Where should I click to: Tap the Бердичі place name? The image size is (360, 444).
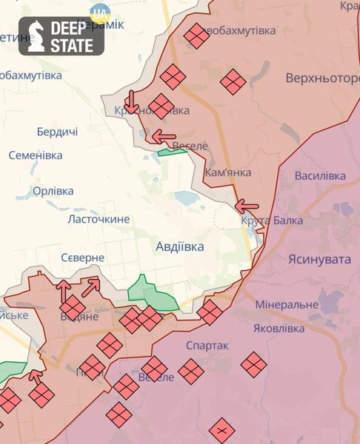(x=57, y=132)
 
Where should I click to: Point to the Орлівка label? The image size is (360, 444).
(x=53, y=191)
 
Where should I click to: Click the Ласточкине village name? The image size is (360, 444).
(x=99, y=219)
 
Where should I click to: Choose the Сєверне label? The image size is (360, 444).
(x=83, y=258)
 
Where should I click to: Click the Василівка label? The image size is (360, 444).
(x=320, y=176)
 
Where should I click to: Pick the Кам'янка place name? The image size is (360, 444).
(x=228, y=172)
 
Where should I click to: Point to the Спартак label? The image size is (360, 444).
(x=208, y=346)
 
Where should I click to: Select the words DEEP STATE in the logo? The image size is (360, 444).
(x=72, y=37)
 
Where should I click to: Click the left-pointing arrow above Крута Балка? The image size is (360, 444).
(x=247, y=206)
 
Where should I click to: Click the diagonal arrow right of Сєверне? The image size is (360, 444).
(x=91, y=286)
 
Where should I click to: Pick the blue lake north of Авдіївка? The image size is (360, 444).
(x=186, y=198)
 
